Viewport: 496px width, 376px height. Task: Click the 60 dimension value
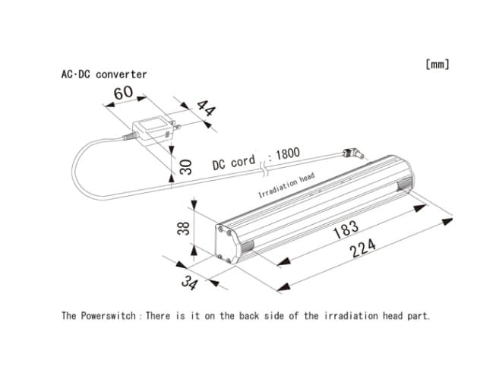click(x=123, y=94)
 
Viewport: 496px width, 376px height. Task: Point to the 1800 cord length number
click(x=286, y=153)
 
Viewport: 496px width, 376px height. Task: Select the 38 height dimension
click(x=183, y=227)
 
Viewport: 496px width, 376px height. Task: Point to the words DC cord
click(x=233, y=163)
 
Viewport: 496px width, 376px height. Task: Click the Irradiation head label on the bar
click(x=286, y=185)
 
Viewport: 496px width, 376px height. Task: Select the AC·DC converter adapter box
click(x=152, y=128)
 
